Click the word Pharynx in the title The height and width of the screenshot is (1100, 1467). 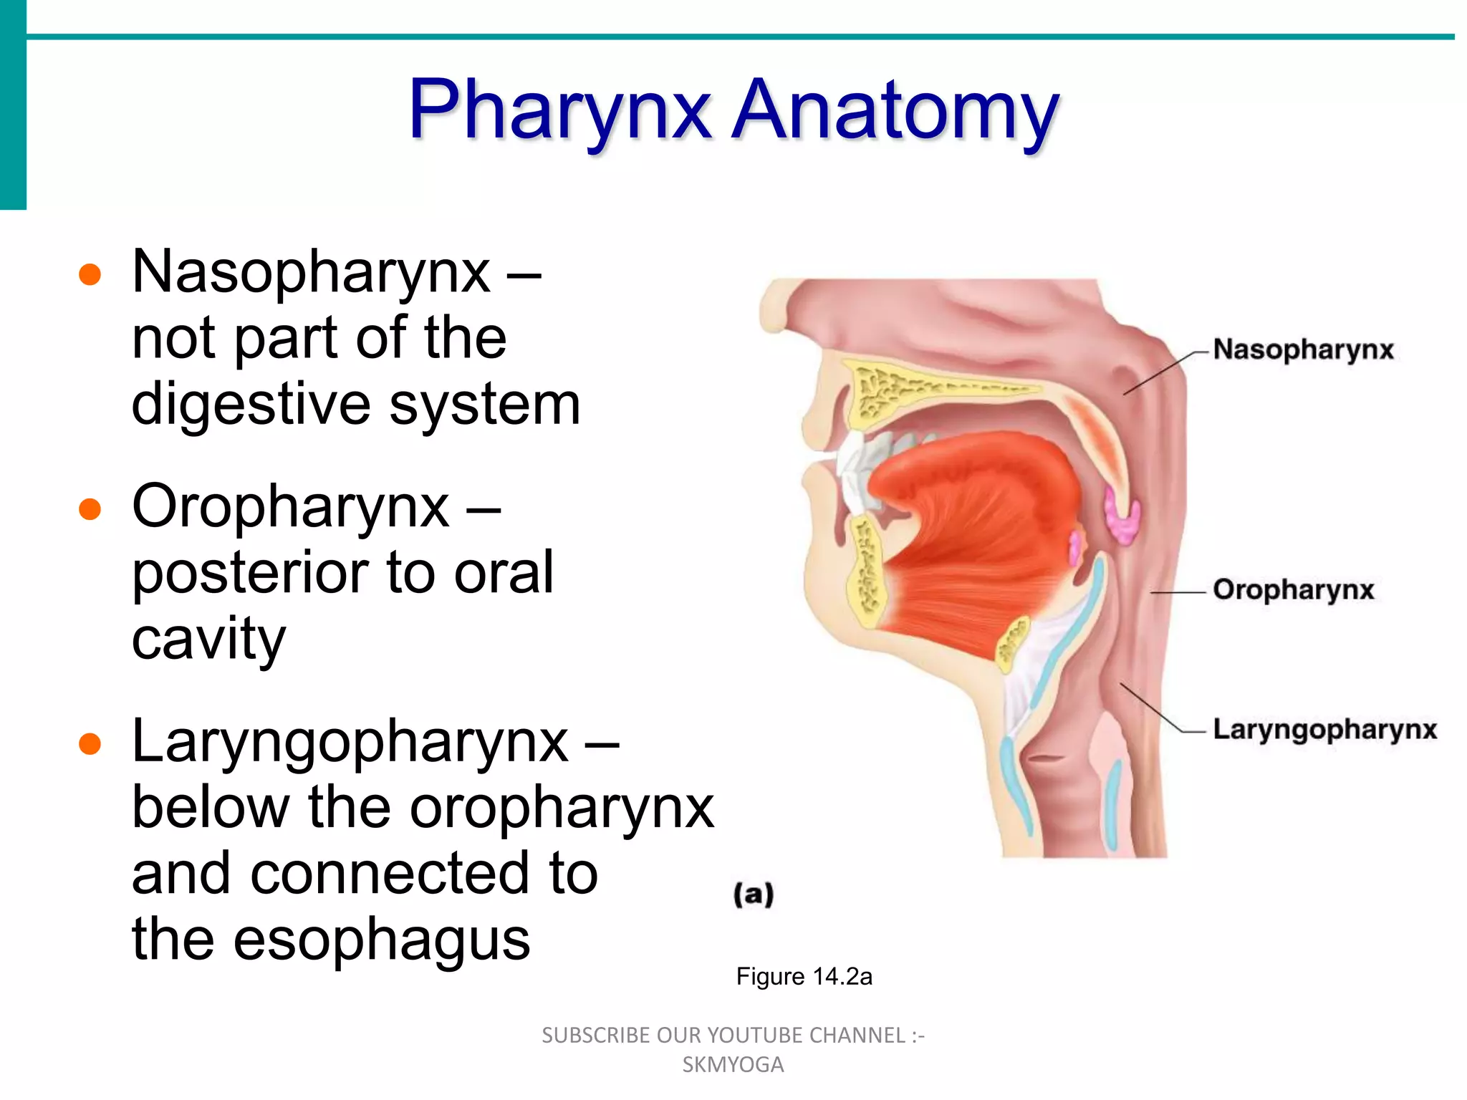559,111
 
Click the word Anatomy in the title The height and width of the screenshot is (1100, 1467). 895,111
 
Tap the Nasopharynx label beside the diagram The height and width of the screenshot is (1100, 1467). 1303,350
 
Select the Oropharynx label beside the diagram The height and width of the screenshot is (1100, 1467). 1293,589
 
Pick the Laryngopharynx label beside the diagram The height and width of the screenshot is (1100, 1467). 1324,729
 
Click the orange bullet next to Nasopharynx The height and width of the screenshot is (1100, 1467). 90,275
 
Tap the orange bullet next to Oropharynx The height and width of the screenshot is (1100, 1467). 90,509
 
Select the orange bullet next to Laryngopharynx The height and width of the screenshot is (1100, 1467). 90,744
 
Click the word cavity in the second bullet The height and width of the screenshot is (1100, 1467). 208,639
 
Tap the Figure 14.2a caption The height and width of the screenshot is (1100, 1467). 804,977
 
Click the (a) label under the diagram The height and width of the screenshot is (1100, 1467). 754,895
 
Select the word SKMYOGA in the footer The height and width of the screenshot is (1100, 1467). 733,1065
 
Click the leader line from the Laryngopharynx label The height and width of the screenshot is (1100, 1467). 1153,709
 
